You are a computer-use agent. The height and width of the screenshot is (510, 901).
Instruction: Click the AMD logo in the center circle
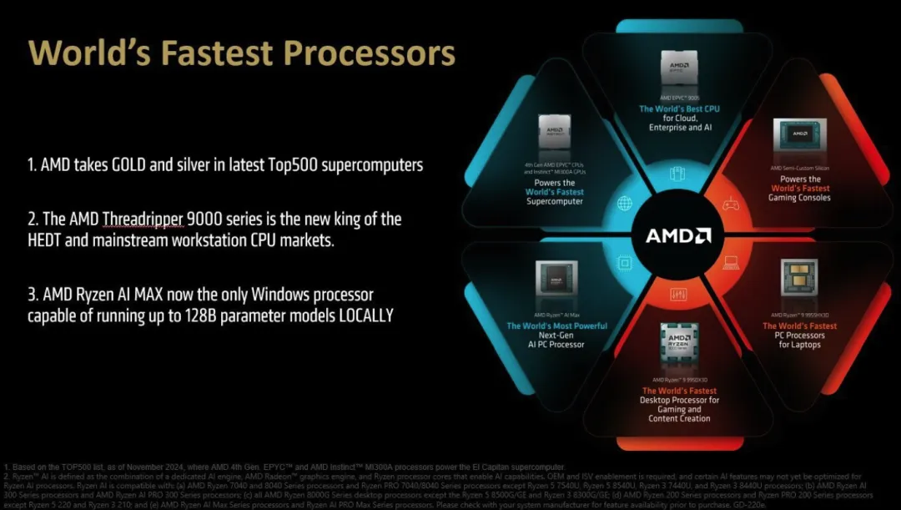point(678,236)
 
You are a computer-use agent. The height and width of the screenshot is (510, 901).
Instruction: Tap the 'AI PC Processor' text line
point(556,344)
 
